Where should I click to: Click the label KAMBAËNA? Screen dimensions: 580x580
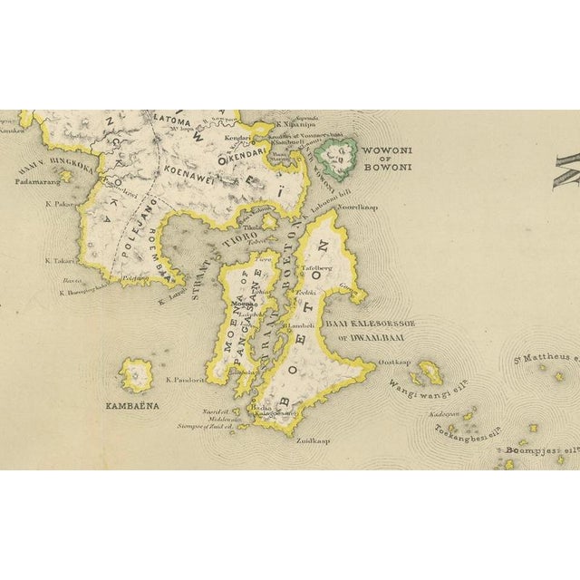point(131,406)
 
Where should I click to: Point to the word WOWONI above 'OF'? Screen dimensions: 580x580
point(387,150)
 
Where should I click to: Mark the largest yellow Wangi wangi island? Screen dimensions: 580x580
point(430,372)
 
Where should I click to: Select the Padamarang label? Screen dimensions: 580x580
point(41,180)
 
